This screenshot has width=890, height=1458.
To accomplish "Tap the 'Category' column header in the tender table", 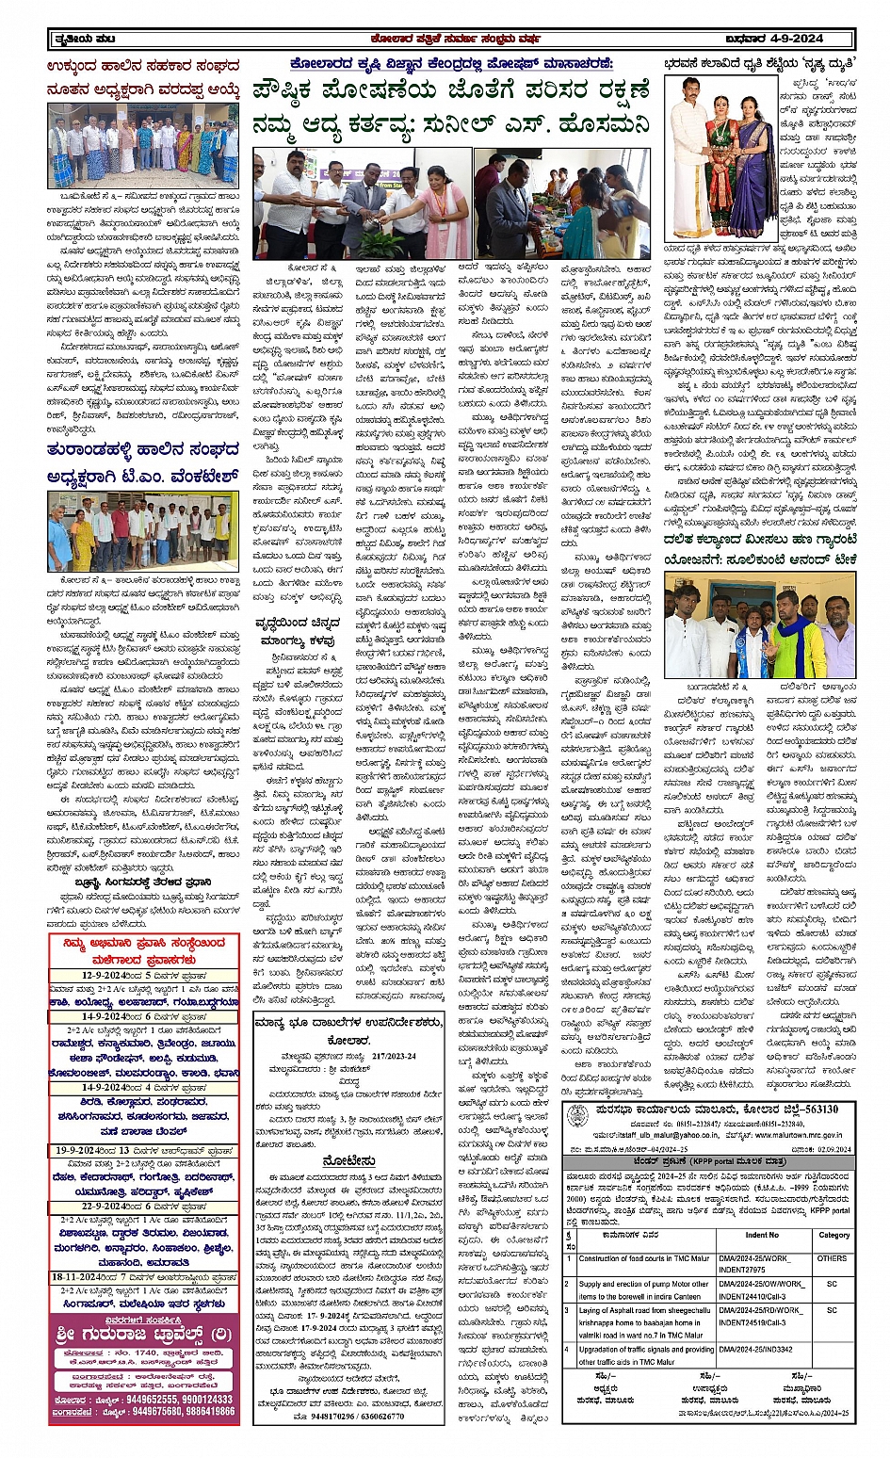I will tap(833, 1235).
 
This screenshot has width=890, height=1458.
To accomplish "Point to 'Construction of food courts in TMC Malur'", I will tap(643, 1258).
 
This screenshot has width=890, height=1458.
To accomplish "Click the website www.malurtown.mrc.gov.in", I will tap(788, 1137).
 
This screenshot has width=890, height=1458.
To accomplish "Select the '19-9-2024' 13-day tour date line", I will tap(141, 1150).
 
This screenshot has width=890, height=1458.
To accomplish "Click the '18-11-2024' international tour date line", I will tap(141, 1277).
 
